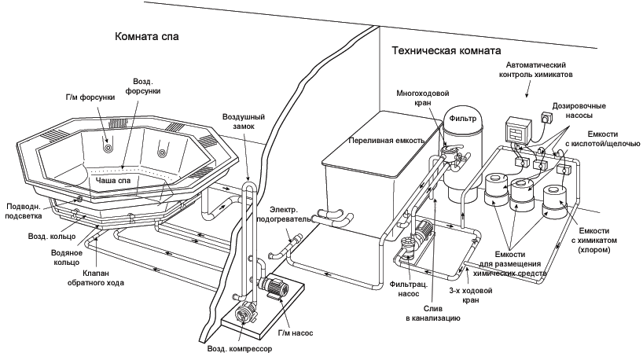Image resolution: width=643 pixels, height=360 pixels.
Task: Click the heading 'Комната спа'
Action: point(146,36)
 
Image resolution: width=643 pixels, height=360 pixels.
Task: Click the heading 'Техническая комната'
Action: point(446,51)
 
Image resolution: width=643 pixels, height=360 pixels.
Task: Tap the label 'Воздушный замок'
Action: point(244,121)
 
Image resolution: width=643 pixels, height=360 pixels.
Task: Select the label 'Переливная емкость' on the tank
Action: point(386,141)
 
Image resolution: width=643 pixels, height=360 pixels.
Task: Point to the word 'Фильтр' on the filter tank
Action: point(462,119)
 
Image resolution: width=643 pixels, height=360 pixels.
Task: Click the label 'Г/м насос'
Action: point(296,333)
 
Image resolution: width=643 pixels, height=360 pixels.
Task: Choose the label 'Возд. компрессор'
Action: point(240,349)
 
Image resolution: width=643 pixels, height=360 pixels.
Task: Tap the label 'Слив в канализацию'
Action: point(432,314)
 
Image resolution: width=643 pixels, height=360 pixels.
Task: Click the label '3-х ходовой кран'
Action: point(470,296)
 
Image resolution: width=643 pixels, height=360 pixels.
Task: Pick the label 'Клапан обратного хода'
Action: point(96,277)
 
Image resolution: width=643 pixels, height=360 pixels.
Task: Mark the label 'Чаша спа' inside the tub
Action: point(112,181)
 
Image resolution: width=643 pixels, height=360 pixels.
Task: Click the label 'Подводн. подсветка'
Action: point(24,211)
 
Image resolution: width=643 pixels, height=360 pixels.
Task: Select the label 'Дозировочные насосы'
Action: point(579,110)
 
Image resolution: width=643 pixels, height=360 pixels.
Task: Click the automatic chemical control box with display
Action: point(518,130)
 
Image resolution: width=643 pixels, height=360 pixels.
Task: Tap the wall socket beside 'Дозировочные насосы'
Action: point(546,117)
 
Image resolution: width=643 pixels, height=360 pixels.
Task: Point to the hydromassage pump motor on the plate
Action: point(274,285)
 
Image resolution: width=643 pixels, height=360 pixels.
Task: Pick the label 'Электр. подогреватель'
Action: point(284,215)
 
